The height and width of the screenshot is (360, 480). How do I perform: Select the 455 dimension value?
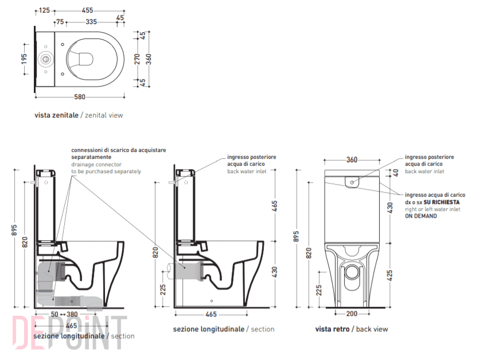(88, 10)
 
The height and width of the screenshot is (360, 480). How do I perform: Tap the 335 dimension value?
(91, 22)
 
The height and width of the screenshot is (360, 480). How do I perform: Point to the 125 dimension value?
(44, 10)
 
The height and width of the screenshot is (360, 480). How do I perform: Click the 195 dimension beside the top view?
(25, 59)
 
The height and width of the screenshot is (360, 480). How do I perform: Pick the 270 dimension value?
(137, 59)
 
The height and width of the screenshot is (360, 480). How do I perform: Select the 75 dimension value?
(60, 22)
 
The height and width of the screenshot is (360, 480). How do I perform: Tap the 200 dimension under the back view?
(353, 314)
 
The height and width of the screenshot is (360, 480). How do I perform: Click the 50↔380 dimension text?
(64, 314)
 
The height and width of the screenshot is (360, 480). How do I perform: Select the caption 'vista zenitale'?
(56, 115)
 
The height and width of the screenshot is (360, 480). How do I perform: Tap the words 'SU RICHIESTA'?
(442, 202)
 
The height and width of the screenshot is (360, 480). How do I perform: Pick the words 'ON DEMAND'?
(421, 216)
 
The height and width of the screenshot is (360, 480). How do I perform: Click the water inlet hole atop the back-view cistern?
(352, 182)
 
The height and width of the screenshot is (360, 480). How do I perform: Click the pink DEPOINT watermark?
(63, 332)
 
